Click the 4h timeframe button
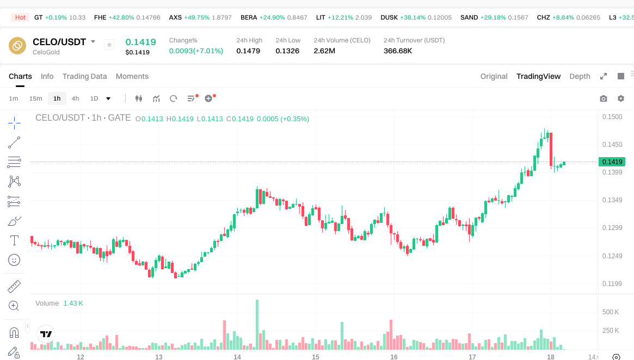[75, 98]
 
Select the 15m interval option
[35, 98]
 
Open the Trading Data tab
[84, 76]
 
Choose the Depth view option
[580, 76]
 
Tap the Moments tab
[132, 76]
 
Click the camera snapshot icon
[603, 98]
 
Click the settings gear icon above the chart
[621, 98]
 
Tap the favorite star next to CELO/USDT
[109, 45]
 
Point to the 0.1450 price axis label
[612, 145]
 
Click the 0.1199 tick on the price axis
[612, 284]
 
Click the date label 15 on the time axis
[316, 357]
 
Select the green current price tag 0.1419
[612, 162]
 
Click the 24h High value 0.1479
[248, 51]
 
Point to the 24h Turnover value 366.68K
[398, 51]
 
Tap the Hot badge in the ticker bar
[20, 17]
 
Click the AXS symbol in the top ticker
[175, 17]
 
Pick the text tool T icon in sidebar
[14, 240]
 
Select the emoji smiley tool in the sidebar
[14, 260]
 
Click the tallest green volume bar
[257, 325]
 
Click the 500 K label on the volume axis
[611, 312]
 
